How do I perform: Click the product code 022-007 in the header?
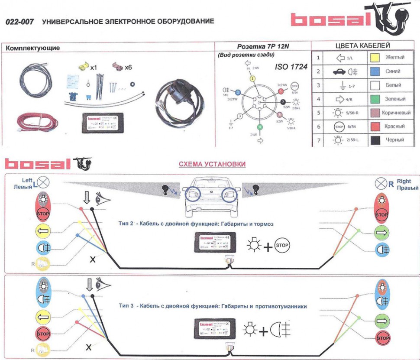(18, 21)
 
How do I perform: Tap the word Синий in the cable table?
(393, 71)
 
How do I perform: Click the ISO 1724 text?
(291, 67)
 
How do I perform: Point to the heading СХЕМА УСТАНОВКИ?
(212, 164)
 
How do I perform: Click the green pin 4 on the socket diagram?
(260, 127)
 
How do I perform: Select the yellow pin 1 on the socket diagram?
(253, 79)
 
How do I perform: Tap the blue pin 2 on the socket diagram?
(237, 92)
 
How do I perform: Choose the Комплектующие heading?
(33, 48)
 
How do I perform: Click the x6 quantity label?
(128, 68)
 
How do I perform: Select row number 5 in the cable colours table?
(318, 113)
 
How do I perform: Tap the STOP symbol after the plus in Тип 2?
(282, 246)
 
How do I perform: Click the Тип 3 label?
(126, 306)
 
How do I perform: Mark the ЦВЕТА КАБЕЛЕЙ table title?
(363, 45)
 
